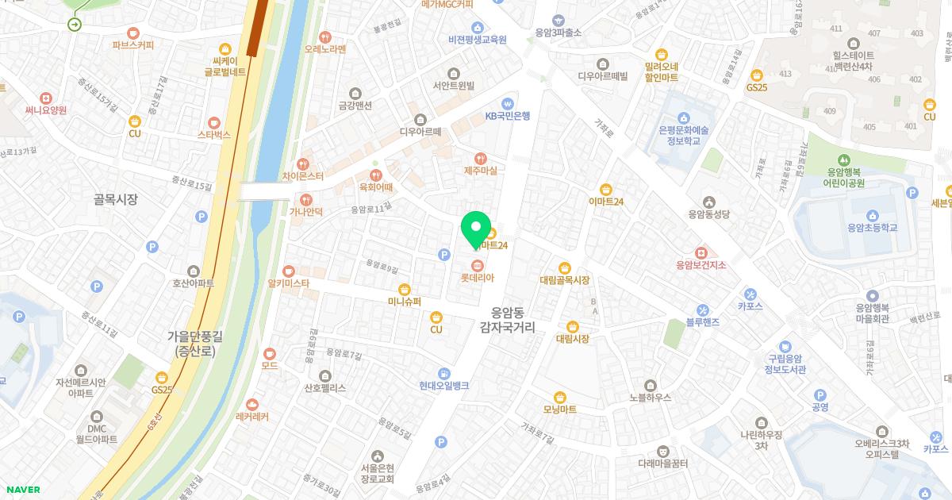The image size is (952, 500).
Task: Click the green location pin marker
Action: coord(476,229)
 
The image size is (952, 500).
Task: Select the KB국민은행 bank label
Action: coord(507,115)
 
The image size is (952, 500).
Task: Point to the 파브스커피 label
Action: coord(132,45)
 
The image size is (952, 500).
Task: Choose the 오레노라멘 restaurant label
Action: coord(325,49)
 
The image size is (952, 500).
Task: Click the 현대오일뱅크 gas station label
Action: coord(444,385)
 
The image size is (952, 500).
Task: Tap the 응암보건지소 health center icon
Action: coord(701,252)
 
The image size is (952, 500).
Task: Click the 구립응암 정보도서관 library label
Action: coord(785,363)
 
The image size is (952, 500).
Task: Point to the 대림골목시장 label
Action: coord(564,279)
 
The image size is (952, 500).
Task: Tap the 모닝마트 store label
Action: coord(559,409)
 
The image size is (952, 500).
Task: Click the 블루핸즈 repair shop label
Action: coord(703,322)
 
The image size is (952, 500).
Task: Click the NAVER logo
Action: coord(24,490)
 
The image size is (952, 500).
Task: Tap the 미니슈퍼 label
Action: coord(404,301)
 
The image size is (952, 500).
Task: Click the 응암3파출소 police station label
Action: coord(558,33)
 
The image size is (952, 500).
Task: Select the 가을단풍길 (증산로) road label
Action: coord(194,343)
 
